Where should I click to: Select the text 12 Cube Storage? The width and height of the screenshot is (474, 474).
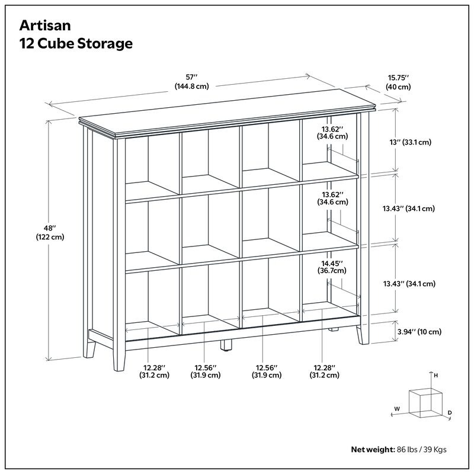(76, 44)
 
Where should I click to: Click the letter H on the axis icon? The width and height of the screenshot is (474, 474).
(435, 376)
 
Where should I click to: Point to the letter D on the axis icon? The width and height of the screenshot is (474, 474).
(450, 412)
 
